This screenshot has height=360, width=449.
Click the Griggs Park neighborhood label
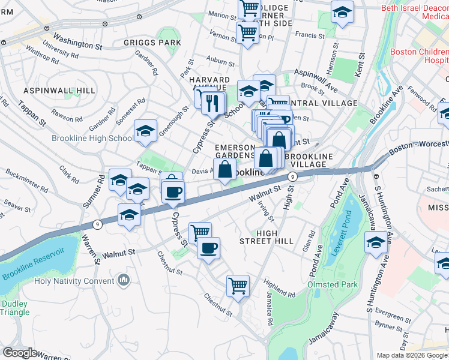click(152, 43)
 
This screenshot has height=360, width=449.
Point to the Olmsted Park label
click(333, 284)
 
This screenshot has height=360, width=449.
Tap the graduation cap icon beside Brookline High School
click(145, 133)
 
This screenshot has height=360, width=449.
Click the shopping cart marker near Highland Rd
click(238, 286)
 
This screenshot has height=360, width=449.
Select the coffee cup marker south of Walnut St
click(208, 248)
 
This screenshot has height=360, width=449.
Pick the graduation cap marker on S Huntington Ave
click(376, 243)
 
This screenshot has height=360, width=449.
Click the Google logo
click(20, 353)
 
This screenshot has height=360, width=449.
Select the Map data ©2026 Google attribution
click(412, 355)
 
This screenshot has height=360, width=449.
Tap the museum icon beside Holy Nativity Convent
click(124, 280)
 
